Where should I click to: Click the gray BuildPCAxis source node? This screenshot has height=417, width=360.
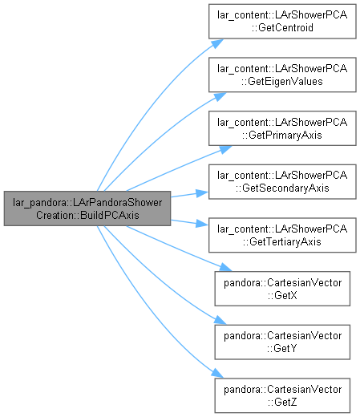coord(87,208)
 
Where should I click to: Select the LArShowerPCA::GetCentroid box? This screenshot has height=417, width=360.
coord(282,22)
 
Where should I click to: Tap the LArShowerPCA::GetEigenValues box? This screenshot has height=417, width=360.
coord(282,75)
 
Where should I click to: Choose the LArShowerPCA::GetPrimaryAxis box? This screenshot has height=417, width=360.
coord(282,128)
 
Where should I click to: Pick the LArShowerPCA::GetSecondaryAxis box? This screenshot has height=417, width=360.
coord(282,182)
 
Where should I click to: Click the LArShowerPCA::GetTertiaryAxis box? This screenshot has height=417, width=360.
coord(282,235)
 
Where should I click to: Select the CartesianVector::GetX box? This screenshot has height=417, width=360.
coord(282,289)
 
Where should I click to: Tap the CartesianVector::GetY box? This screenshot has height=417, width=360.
coord(282,342)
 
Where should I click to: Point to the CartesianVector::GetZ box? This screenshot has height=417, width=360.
coord(282,395)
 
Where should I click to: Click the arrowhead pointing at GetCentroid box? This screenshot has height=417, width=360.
coord(217,43)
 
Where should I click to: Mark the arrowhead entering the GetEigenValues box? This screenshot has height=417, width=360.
coord(220,97)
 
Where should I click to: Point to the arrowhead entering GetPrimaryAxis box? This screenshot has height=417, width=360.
coord(225,149)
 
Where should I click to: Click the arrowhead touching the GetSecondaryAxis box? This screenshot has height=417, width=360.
coord(202,193)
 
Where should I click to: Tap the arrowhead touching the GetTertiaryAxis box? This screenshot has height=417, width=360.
coord(202,224)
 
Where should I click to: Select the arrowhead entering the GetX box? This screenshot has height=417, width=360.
coord(225,267)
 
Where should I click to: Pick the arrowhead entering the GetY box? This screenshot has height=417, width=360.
coord(220,320)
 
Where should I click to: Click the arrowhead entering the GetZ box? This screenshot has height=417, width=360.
coord(217,374)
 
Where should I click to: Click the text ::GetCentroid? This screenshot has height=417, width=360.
coord(282,28)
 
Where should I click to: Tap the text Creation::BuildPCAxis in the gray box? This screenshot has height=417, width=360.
coord(87,215)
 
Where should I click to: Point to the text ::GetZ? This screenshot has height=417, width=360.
coord(282,402)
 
